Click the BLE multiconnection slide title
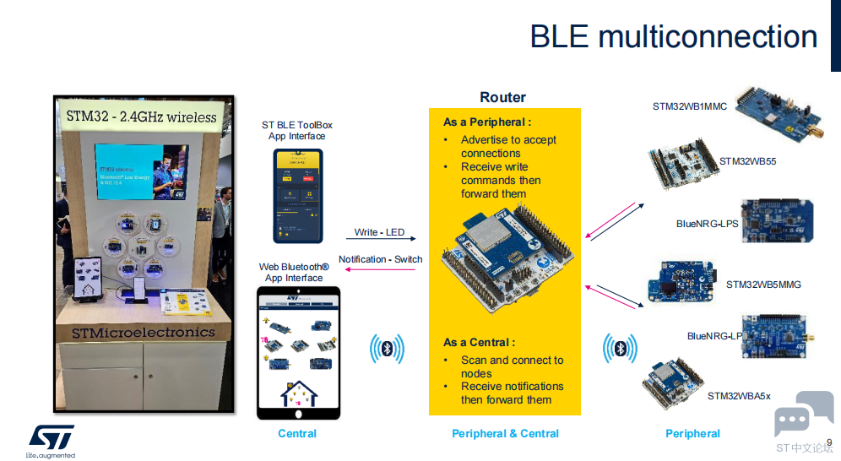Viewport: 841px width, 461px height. point(673,37)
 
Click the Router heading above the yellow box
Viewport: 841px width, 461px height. point(502,98)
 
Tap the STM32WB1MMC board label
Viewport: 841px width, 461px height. point(689,107)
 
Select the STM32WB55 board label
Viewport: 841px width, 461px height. point(747,161)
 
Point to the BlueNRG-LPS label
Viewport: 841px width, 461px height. point(707,225)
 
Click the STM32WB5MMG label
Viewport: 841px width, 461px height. point(763,285)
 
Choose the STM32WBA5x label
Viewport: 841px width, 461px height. point(739,396)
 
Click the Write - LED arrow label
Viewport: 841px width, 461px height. point(379,232)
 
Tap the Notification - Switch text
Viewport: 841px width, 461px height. point(380,259)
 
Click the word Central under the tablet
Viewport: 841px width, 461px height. point(297,434)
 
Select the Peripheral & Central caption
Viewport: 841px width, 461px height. point(505,434)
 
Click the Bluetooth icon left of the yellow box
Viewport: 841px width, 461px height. point(388,349)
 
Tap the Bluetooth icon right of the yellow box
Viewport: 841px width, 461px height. point(619,349)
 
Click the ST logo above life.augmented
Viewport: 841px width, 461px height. point(52,437)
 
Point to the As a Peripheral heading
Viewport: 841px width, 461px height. point(487,123)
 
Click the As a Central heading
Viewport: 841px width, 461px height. point(479,343)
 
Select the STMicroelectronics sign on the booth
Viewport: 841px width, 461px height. point(143,333)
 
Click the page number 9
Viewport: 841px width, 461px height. point(829,442)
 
